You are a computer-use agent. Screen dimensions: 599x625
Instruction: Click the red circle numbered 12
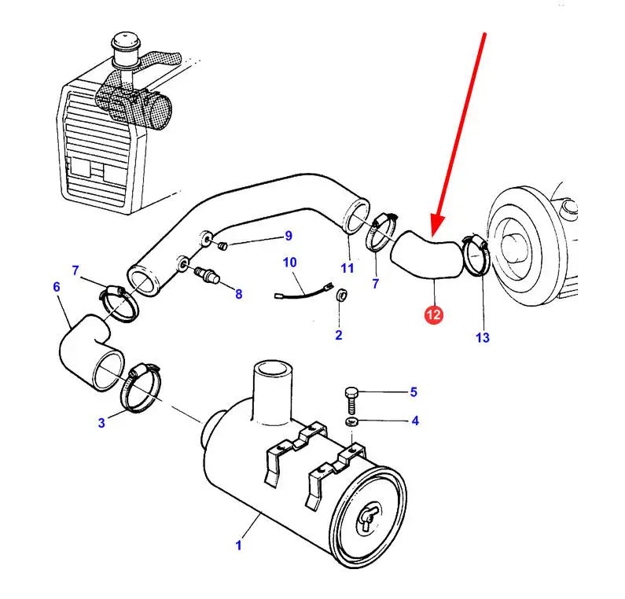pyautogui.click(x=434, y=314)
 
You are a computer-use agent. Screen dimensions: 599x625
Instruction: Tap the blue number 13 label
pyautogui.click(x=482, y=337)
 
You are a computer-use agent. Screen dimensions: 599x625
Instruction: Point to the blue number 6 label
pyautogui.click(x=57, y=287)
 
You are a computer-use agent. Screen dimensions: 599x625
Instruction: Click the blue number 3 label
pyautogui.click(x=101, y=423)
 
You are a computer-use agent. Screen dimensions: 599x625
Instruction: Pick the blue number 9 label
pyautogui.click(x=288, y=236)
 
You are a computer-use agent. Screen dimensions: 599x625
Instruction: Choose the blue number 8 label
pyautogui.click(x=238, y=294)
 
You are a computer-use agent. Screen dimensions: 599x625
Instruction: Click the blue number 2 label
pyautogui.click(x=339, y=335)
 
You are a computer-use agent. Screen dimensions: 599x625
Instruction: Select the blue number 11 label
pyautogui.click(x=347, y=267)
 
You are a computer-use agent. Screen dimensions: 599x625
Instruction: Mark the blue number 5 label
pyautogui.click(x=414, y=391)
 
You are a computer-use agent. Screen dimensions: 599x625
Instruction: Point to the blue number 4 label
pyautogui.click(x=414, y=421)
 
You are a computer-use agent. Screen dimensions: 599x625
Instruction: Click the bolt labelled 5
pyautogui.click(x=352, y=399)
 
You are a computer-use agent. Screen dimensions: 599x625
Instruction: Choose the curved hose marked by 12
pyautogui.click(x=426, y=255)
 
